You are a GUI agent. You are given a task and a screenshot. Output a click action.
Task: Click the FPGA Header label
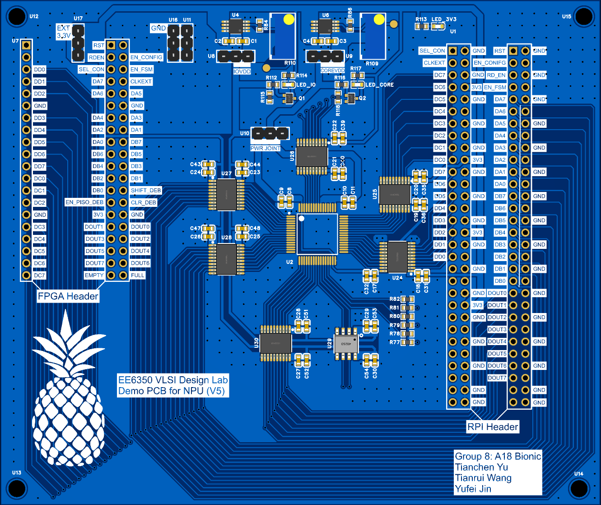coord(68,296)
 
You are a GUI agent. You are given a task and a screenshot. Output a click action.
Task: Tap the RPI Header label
coord(493,427)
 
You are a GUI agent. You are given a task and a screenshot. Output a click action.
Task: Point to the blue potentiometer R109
coord(373,36)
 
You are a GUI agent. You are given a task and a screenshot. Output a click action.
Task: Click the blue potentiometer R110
coord(283,36)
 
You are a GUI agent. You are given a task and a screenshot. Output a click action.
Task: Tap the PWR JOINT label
coord(266,148)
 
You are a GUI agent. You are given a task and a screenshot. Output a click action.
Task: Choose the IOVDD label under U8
coord(242,71)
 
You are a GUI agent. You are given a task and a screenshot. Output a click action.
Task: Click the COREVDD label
coord(332,70)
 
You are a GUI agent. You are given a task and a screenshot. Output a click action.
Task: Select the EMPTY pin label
coord(94,275)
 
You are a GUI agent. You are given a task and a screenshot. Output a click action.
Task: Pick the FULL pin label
coord(138,275)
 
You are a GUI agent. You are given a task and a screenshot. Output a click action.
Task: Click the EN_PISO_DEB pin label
coord(84,202)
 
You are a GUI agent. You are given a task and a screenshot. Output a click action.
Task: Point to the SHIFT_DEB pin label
coord(146,190)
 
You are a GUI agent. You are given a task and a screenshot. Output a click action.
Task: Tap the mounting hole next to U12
coord(17,17)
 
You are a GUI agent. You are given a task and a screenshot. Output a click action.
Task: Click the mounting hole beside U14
coord(578,488)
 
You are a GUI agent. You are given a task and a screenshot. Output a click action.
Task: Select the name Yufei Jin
coord(473,489)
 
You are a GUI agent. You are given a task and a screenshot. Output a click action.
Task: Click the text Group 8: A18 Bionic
coord(498,456)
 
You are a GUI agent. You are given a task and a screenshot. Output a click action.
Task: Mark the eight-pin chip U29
coord(346,344)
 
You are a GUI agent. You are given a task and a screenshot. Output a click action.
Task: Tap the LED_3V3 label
coord(444,19)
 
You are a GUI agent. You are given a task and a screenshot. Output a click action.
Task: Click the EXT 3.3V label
coord(64,32)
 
